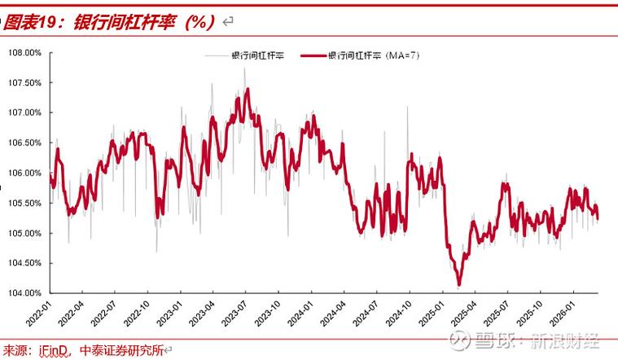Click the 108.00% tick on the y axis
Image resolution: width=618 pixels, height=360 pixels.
(24, 53)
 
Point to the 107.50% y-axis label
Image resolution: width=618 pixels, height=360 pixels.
(24, 83)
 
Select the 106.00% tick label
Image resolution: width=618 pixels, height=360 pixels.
(24, 173)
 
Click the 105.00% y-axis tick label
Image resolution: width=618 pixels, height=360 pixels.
(24, 233)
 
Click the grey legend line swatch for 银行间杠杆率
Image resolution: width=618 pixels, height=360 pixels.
(216, 56)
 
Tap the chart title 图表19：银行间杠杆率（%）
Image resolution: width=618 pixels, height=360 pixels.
(110, 22)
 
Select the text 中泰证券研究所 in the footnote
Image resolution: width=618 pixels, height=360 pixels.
(121, 351)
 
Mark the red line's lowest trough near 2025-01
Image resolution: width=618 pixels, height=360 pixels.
(459, 284)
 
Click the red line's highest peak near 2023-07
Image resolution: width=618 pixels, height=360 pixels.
(248, 90)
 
